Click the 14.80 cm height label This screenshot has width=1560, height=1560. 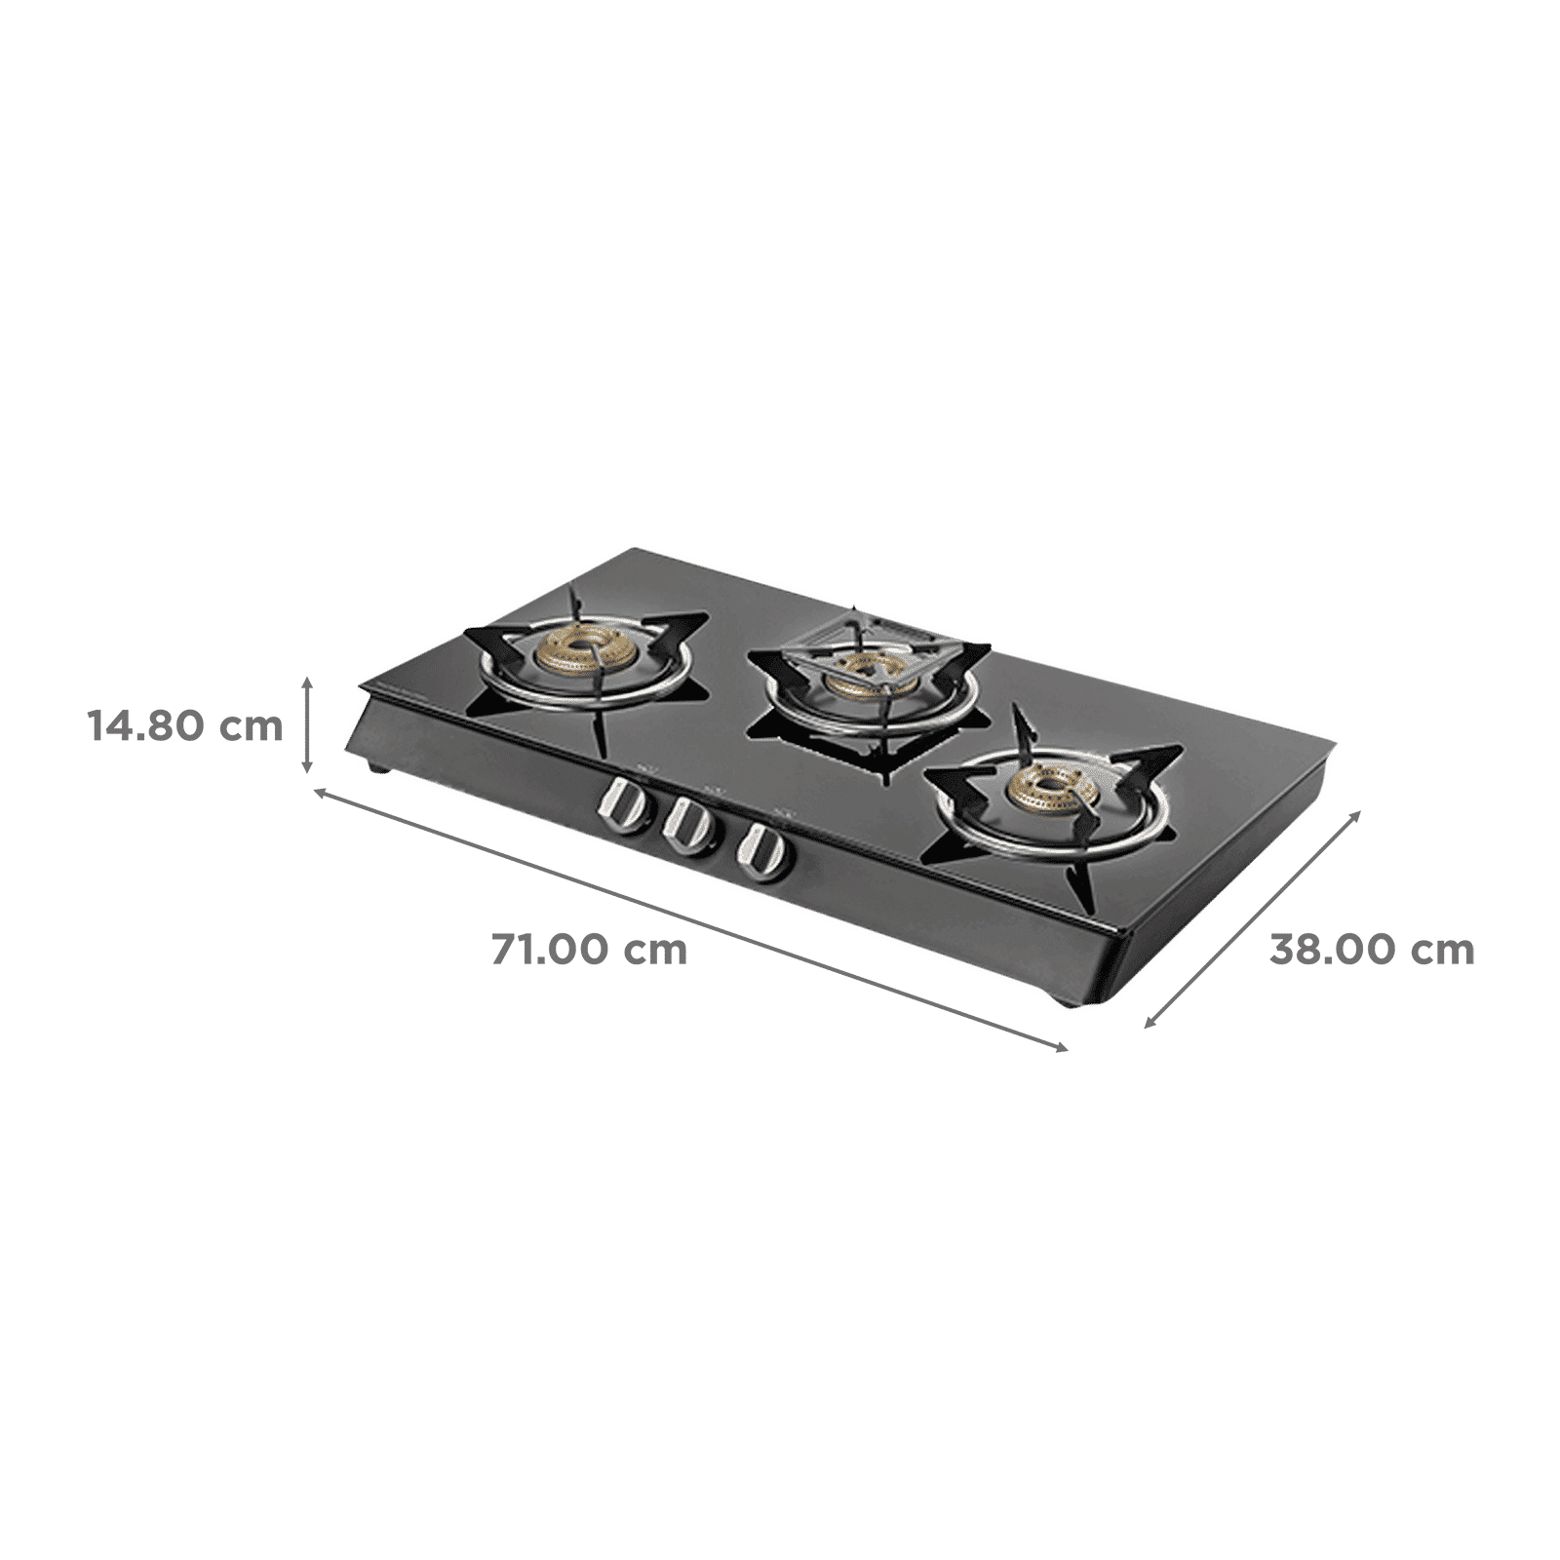185,725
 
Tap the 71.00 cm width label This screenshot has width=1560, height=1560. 589,948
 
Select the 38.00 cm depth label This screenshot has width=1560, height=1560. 1372,949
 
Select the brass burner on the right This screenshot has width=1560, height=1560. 1050,786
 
